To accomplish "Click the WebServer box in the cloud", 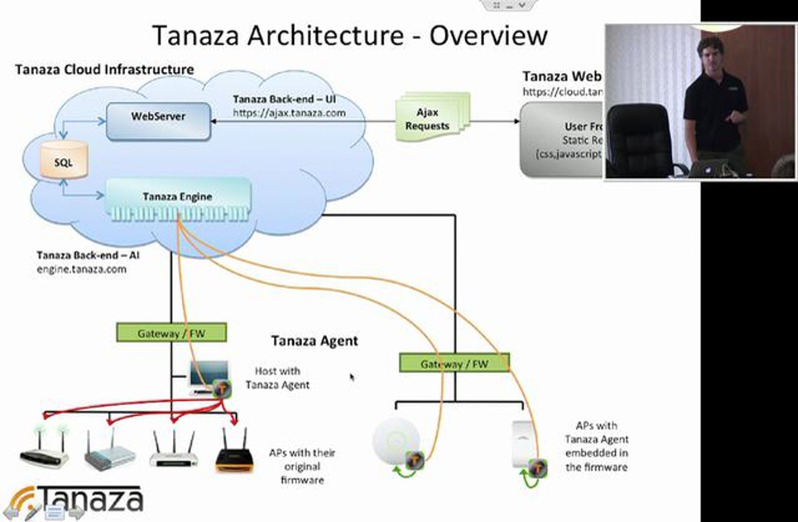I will pyautogui.click(x=158, y=121).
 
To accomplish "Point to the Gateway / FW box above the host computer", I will pyautogui.click(x=171, y=333).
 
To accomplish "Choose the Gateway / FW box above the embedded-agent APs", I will pyautogui.click(x=454, y=363).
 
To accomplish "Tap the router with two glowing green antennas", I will pyautogui.click(x=45, y=449).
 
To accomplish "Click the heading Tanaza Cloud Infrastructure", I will pyautogui.click(x=105, y=70).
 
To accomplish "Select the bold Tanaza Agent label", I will pyautogui.click(x=314, y=341).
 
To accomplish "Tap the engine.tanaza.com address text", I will pyautogui.click(x=81, y=269).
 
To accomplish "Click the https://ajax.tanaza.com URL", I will pyautogui.click(x=289, y=113).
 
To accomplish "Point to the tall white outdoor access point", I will pyautogui.click(x=523, y=444).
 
